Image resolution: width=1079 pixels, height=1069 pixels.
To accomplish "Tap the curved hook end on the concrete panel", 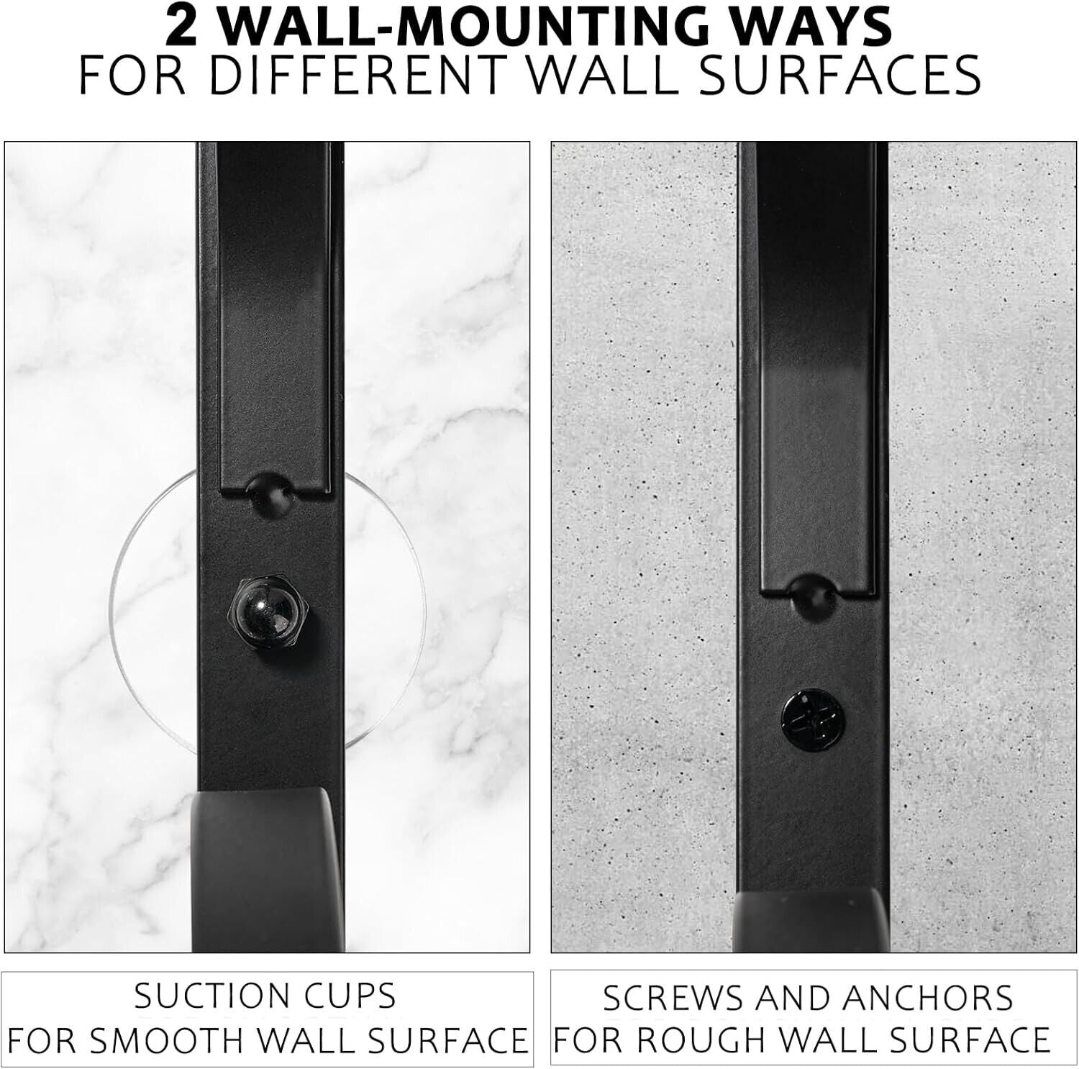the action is click(811, 920).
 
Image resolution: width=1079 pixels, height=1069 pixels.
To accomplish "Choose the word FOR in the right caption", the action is click(591, 1040).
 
